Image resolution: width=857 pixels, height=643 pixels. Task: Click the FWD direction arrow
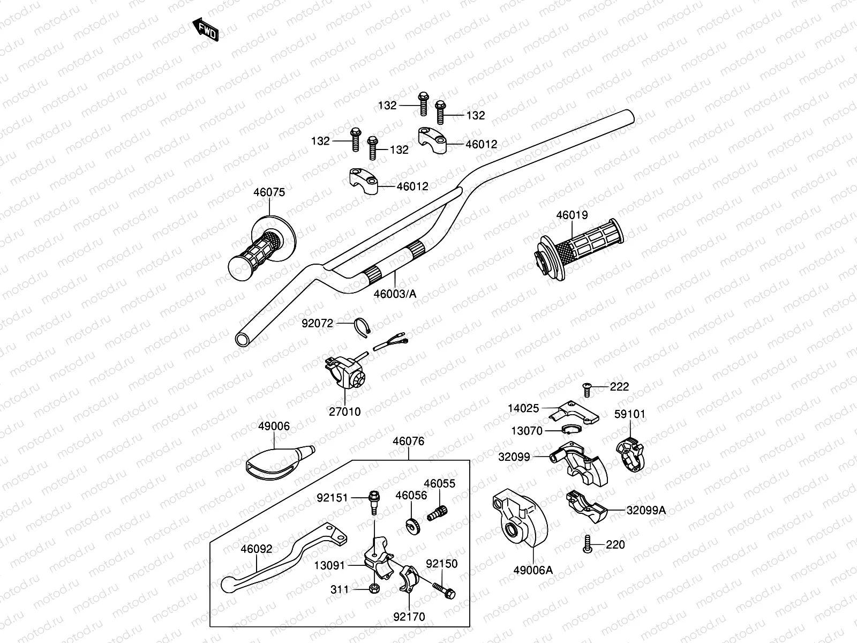[206, 31]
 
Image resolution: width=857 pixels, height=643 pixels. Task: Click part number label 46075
[269, 192]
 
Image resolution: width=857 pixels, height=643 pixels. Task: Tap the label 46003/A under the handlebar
[395, 294]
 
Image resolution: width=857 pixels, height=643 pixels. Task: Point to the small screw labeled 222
[587, 388]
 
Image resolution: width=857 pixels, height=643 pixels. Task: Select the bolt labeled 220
[588, 545]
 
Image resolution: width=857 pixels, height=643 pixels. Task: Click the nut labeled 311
[373, 589]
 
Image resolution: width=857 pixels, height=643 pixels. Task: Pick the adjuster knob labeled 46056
[412, 525]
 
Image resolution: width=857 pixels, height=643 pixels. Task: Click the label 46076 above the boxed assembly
[408, 442]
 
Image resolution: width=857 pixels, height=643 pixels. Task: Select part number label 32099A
[646, 510]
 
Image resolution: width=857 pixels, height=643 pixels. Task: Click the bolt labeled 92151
[374, 499]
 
